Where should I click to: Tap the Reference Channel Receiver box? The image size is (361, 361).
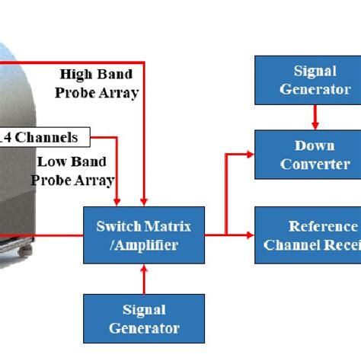coord(308,235)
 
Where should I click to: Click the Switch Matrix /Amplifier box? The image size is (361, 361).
coord(144,235)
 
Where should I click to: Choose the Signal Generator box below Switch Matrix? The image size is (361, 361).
coord(144,320)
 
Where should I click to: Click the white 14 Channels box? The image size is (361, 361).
coord(45,138)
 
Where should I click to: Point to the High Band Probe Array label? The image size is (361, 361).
coord(98,84)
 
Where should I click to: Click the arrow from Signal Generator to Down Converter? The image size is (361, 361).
coord(315,117)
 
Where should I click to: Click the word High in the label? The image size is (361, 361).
coord(77,75)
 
